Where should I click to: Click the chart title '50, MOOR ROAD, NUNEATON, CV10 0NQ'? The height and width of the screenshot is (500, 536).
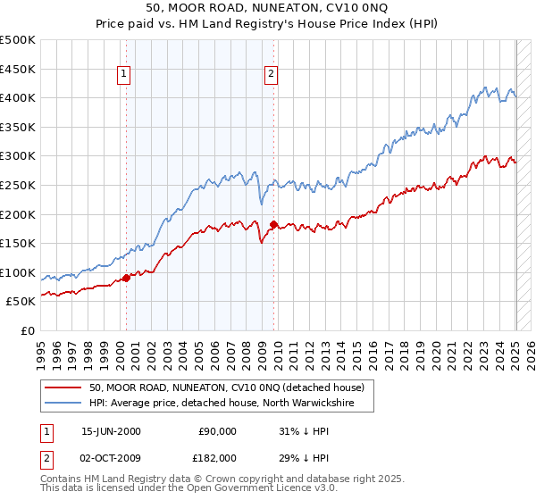[x=268, y=9]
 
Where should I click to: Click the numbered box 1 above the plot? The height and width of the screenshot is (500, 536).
[x=122, y=75]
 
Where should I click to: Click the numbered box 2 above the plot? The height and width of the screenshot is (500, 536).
[x=270, y=75]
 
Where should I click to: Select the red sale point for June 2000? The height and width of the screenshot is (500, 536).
[x=126, y=278]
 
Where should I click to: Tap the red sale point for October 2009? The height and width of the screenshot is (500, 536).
[x=273, y=224]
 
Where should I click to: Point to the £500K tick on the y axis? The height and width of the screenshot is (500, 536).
[x=19, y=40]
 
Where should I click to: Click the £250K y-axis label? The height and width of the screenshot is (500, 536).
[x=19, y=185]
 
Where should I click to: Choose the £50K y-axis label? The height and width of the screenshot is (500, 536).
[x=21, y=302]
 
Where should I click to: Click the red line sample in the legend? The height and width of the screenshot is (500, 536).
[x=63, y=388]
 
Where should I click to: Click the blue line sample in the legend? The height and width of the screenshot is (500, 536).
[x=63, y=404]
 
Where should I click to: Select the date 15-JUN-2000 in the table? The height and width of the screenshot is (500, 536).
[x=111, y=431]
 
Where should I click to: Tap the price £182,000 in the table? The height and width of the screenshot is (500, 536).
[x=216, y=457]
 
